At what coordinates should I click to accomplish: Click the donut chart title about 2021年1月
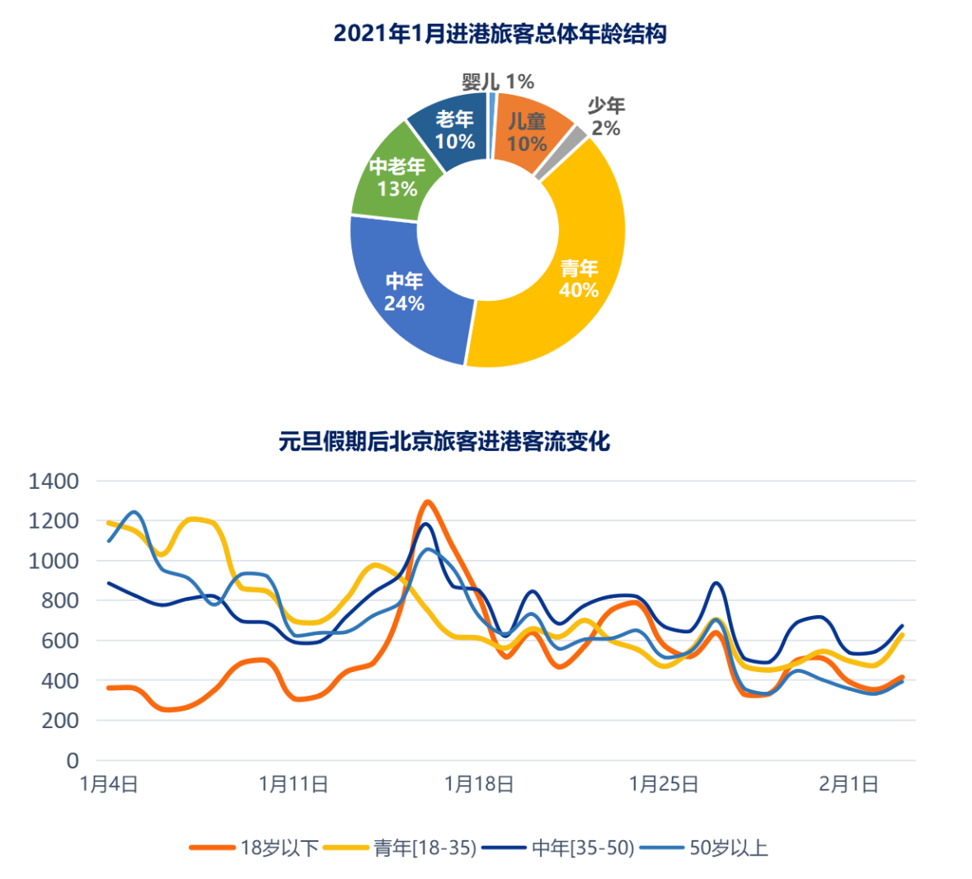click(x=500, y=34)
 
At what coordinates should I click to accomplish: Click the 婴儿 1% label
click(x=498, y=82)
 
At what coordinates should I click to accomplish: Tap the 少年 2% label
click(x=606, y=116)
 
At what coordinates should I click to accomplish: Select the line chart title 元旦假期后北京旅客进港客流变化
click(x=444, y=441)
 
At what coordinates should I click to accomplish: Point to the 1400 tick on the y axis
click(x=54, y=481)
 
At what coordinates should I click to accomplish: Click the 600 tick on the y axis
click(x=60, y=641)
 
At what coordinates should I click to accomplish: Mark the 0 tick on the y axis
click(x=73, y=760)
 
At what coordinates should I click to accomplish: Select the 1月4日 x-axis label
click(x=109, y=784)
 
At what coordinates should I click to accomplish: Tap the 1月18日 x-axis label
click(x=479, y=784)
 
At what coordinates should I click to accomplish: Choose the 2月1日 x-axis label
click(x=848, y=784)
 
